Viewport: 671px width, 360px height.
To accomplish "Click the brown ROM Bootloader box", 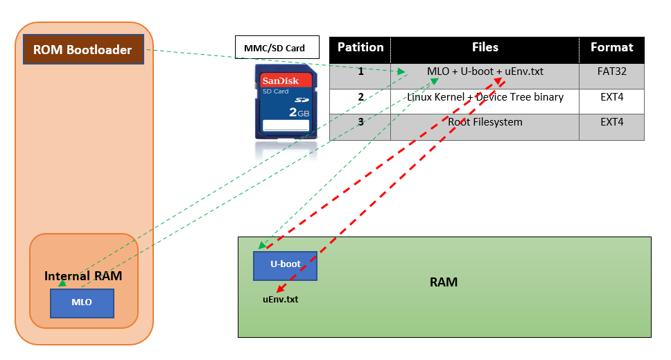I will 83,49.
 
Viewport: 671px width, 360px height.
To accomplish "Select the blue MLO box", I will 82,302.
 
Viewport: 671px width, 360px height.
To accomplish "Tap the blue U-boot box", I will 285,265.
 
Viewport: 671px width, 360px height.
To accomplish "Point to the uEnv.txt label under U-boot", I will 280,300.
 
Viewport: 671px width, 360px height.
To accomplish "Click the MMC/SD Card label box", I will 277,48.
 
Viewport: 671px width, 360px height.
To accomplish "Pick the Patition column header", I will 360,48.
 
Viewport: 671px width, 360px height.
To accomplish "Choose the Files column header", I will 485,48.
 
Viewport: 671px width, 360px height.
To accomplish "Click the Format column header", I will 611,48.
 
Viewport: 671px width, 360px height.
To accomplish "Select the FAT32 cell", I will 611,71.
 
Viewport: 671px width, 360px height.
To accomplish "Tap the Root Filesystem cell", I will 485,122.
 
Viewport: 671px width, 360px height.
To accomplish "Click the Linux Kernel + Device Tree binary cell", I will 485,97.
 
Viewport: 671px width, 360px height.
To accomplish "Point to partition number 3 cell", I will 360,122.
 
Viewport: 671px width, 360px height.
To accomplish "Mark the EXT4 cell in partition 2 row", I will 611,97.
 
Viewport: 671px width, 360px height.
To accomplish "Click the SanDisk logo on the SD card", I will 280,81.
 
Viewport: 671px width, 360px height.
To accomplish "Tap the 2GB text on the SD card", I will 298,112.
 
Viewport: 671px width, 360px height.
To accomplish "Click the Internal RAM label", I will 83,276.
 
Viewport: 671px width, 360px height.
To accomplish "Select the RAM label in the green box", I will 444,283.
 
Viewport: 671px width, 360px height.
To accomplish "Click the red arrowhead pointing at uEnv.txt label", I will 280,290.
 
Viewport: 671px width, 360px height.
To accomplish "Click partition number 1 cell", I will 360,71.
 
